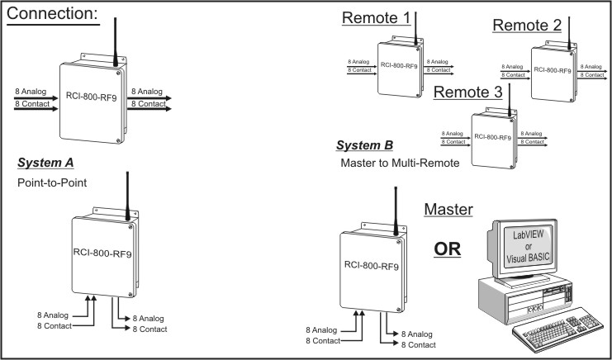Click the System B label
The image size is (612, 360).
pos(365,146)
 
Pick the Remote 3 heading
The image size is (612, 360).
pos(467,93)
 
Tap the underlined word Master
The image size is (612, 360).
pos(448,210)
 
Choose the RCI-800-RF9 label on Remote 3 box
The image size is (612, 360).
pos(492,138)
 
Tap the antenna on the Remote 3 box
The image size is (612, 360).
pos(510,98)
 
